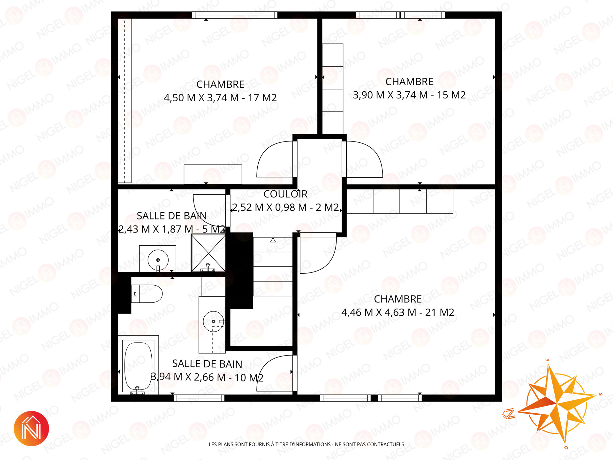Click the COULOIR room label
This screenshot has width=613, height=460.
click(x=285, y=194)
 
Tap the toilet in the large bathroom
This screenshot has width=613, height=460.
click(x=147, y=294)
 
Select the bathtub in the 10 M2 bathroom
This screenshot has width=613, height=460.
click(x=138, y=365)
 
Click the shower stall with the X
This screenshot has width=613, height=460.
click(x=208, y=253)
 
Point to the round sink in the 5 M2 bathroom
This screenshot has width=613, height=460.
click(x=158, y=259)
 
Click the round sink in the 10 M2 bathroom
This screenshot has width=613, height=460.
click(x=213, y=321)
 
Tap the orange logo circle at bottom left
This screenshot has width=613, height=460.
click(x=31, y=428)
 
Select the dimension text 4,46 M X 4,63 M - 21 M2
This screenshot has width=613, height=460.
click(x=398, y=312)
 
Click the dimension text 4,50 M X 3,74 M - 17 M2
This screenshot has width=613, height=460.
click(x=220, y=97)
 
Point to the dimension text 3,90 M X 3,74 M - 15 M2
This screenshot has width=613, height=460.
click(x=409, y=95)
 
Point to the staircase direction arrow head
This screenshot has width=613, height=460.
click(x=273, y=240)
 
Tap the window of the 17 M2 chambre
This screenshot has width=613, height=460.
click(x=235, y=15)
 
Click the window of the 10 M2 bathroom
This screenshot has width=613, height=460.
click(x=199, y=398)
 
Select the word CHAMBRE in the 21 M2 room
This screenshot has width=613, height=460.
click(x=398, y=299)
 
